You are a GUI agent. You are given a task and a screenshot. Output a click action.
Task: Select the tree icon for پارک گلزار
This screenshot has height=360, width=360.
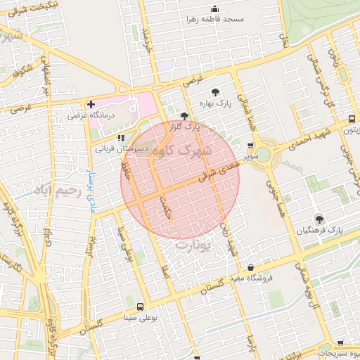(184, 116)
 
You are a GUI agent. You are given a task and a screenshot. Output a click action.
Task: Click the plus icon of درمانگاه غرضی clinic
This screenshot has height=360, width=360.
(91, 104)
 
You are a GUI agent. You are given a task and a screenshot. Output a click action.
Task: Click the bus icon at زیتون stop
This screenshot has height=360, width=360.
(351, 120)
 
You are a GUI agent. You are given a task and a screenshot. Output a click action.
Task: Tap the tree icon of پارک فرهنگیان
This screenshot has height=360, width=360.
(319, 219)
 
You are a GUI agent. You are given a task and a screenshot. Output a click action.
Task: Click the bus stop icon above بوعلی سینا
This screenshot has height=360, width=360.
(140, 307)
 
